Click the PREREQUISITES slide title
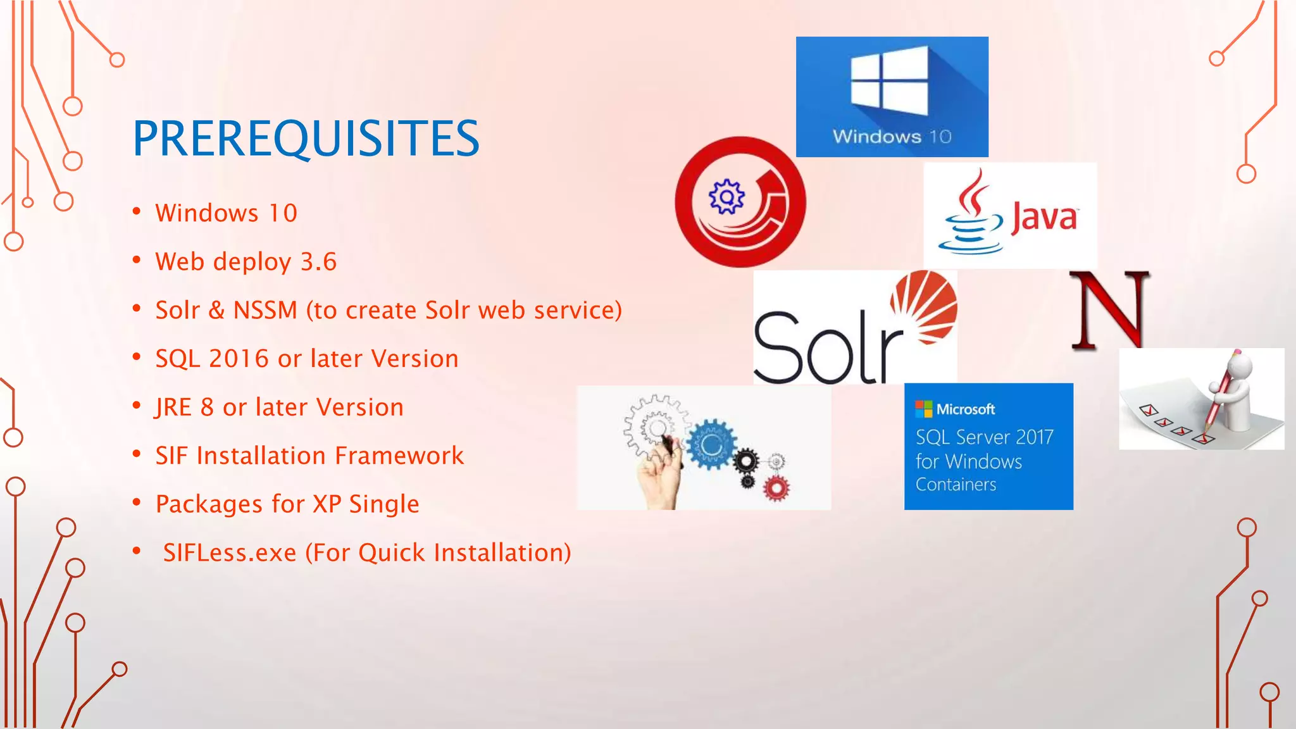point(306,139)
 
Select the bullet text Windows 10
point(226,213)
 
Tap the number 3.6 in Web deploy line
point(318,262)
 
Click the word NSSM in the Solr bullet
point(265,310)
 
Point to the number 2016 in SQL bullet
point(239,359)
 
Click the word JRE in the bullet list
point(173,408)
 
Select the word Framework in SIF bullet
point(399,456)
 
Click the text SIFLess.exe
point(230,553)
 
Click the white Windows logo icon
point(889,80)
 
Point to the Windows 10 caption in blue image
point(892,137)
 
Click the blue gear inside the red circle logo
point(726,197)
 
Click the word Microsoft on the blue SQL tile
point(965,409)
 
